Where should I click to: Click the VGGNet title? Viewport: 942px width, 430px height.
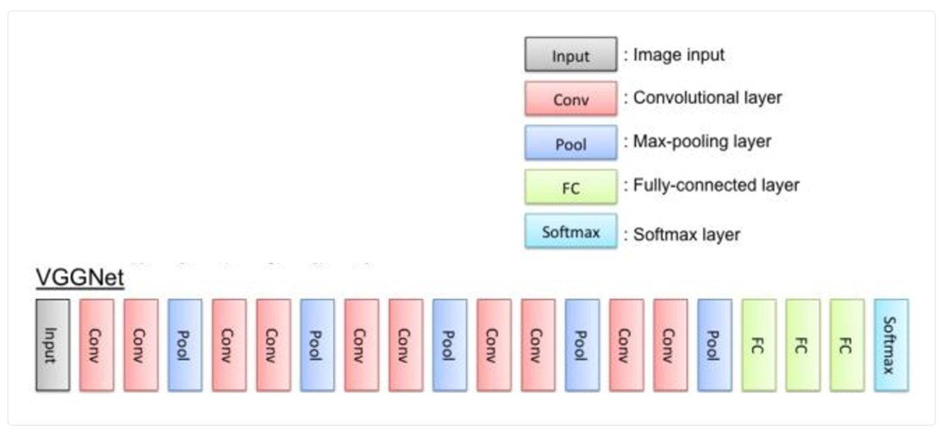80,278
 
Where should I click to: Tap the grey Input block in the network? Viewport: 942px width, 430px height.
53,345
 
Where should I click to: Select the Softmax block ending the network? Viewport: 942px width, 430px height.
891,345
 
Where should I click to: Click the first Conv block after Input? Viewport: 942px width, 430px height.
97,345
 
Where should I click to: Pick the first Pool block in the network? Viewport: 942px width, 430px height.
185,345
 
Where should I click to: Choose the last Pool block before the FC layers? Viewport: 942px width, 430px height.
715,345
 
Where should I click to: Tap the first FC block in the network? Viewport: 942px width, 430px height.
759,345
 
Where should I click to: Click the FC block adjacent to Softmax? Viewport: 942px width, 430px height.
846,345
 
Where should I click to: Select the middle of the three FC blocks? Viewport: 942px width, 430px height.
803,345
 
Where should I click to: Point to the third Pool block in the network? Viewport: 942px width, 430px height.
450,345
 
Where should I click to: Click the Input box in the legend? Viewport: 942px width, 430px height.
571,55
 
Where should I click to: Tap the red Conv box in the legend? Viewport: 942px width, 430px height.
571,99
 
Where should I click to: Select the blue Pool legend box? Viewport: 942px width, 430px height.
571,143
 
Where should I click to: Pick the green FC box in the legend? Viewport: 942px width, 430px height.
571,187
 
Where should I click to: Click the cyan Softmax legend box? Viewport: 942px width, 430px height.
571,231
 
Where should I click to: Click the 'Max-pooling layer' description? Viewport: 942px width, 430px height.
702,142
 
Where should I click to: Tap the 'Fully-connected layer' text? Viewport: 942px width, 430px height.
716,185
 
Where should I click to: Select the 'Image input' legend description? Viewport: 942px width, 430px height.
678,55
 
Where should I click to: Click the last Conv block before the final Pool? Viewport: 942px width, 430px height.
671,345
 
